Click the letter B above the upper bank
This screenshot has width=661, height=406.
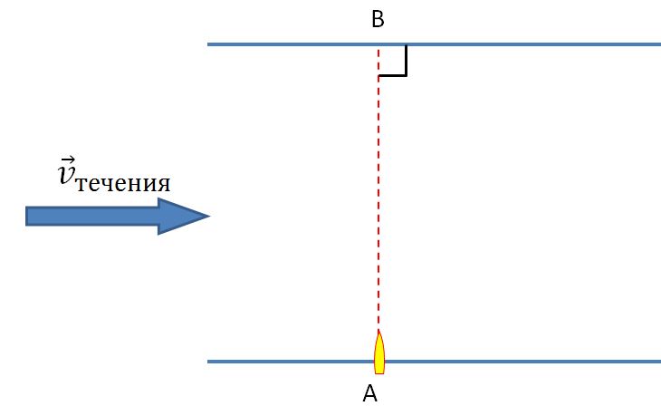click(x=378, y=19)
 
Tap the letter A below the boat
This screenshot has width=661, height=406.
click(x=369, y=393)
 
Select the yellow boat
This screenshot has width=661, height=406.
click(x=379, y=352)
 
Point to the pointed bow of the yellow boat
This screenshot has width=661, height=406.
click(x=379, y=331)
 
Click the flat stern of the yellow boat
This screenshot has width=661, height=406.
click(x=379, y=373)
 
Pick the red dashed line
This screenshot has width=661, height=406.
click(x=378, y=188)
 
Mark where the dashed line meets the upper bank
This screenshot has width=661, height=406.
click(x=378, y=44)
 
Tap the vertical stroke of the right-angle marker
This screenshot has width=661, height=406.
click(x=406, y=61)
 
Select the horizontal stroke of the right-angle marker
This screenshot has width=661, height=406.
click(x=392, y=75)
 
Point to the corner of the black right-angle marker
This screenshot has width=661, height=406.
click(x=406, y=75)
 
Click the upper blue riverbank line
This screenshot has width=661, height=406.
click(x=435, y=44)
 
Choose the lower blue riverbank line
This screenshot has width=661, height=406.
click(x=435, y=362)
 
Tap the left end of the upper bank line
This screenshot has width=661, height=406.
click(x=207, y=44)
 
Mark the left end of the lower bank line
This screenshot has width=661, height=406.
click(x=207, y=362)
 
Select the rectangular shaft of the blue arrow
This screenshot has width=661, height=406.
click(x=91, y=216)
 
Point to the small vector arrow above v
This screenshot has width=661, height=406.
click(x=67, y=160)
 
